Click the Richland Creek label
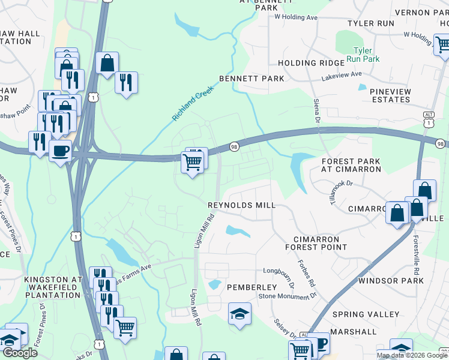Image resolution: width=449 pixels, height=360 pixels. [x=193, y=103]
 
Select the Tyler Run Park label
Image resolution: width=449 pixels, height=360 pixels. [x=367, y=55]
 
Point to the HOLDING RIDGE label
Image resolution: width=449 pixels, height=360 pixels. [x=306, y=63]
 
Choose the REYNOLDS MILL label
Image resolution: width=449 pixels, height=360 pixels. [x=241, y=205]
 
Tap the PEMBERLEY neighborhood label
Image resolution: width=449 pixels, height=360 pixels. [x=251, y=288]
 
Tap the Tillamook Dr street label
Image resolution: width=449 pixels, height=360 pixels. [x=339, y=191]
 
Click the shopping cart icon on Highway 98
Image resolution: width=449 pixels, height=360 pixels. [x=193, y=162]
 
